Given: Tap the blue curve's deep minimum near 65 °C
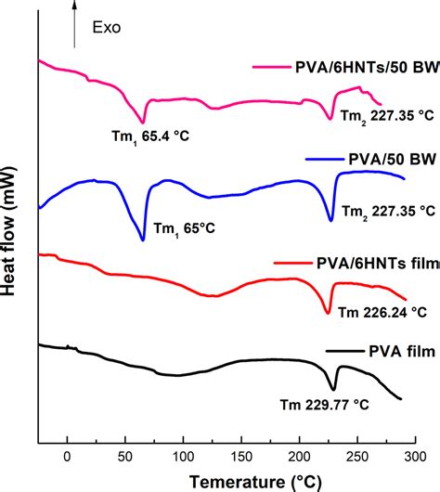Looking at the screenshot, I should tap(142, 239).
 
